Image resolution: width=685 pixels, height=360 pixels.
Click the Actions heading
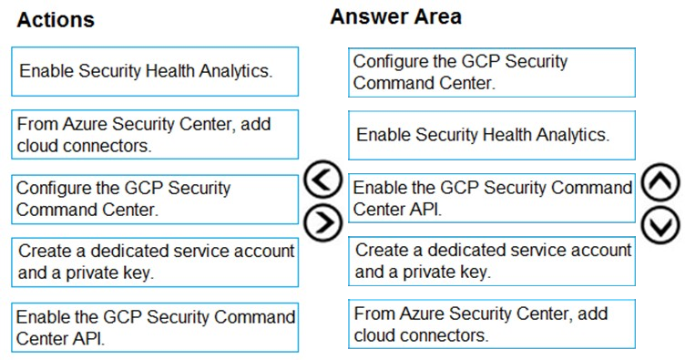[56, 20]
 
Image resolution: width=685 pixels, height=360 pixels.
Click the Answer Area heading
[396, 16]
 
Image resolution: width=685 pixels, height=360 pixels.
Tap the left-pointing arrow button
[322, 180]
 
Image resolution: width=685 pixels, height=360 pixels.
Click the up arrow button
[660, 181]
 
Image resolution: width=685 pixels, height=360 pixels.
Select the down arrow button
[660, 224]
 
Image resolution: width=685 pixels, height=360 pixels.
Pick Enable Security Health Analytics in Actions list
[155, 72]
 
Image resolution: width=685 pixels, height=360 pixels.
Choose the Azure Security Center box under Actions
[155, 135]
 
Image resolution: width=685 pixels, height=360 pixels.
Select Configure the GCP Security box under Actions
[155, 200]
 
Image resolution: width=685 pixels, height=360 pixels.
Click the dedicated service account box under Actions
[155, 262]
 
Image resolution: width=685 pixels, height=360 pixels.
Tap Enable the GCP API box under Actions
[155, 327]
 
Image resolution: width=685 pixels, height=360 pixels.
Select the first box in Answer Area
[492, 73]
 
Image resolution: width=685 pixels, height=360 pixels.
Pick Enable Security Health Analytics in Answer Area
[492, 136]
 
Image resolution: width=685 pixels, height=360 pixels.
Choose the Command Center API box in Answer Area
[492, 198]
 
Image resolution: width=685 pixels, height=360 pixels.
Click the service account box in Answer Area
[492, 262]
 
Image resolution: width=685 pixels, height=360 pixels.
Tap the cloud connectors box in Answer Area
[492, 324]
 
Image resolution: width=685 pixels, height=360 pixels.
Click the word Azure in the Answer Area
[422, 314]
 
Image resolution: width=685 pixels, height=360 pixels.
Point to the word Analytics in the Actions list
[235, 71]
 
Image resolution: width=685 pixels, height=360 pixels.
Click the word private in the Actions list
[92, 273]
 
